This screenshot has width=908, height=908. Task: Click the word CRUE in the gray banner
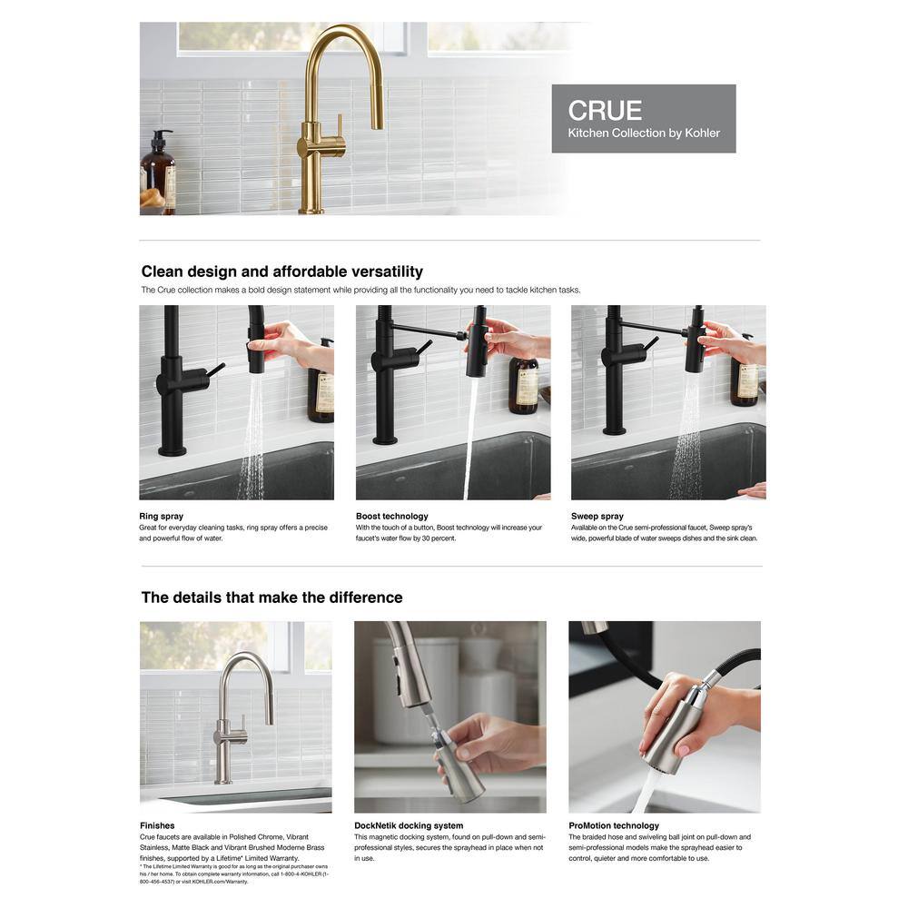coord(605,110)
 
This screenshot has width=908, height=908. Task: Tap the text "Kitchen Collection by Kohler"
coord(644,133)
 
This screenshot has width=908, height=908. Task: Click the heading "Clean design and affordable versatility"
coord(282,271)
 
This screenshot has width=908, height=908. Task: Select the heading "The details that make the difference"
coord(271,597)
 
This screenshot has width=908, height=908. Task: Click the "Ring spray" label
coord(161,516)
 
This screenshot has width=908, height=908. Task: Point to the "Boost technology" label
coord(392,516)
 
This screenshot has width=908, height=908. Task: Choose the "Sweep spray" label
coord(597,516)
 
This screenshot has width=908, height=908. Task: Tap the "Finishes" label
coord(157,825)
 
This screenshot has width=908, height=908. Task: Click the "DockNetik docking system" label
coord(409,825)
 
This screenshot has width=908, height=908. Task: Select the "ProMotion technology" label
coord(614,825)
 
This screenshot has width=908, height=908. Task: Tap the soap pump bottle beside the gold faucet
coord(157,171)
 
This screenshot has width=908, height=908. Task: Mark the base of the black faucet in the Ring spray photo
coord(172,449)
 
